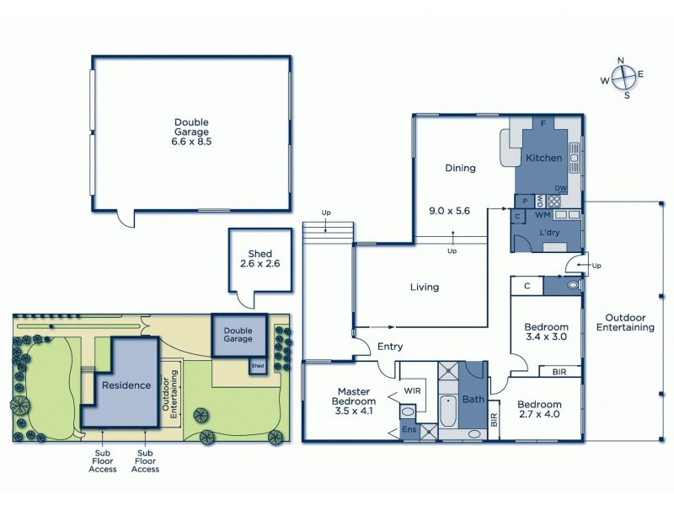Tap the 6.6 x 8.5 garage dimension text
tap(191, 143)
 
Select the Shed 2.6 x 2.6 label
tap(259, 259)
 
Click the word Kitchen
tap(543, 159)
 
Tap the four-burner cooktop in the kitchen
tap(555, 201)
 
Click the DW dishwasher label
tap(560, 188)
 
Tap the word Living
tap(425, 288)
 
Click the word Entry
tap(390, 347)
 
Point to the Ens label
tap(408, 430)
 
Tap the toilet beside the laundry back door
tap(573, 286)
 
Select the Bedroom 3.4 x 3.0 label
tap(546, 331)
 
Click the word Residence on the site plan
tap(126, 385)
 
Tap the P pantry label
tap(524, 201)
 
